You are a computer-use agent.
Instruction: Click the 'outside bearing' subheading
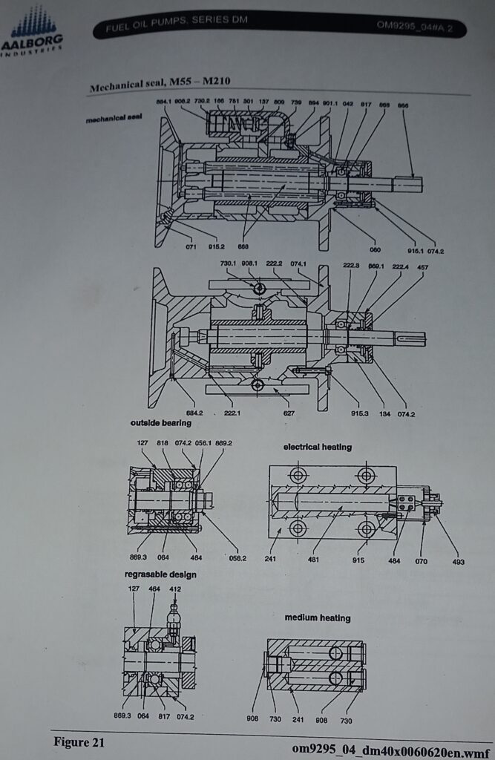click(x=161, y=423)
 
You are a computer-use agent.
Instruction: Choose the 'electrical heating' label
click(x=317, y=447)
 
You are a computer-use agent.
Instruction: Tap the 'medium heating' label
click(x=318, y=617)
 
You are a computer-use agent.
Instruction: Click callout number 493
click(x=459, y=562)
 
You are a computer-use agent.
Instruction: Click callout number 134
click(x=385, y=414)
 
